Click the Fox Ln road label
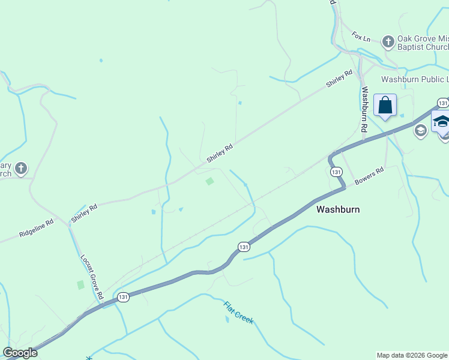pos(362,37)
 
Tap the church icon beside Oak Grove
pos(388,41)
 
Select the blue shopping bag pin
pos(385,106)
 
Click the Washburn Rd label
pos(364,109)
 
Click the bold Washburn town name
pos(338,209)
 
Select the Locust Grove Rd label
pos(91,277)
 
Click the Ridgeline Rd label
pos(36,229)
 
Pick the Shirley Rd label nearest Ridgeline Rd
pos(85,214)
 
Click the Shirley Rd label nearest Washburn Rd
pos(339,79)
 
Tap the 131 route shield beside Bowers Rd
pos(336,172)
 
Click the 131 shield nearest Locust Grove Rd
pos(123,297)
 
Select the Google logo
pos(20,353)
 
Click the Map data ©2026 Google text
pos(412,355)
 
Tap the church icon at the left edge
pos(21,169)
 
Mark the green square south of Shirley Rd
pos(209,181)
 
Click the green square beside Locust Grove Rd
pos(80,285)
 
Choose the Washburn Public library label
pos(415,79)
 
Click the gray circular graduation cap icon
pos(421,130)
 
